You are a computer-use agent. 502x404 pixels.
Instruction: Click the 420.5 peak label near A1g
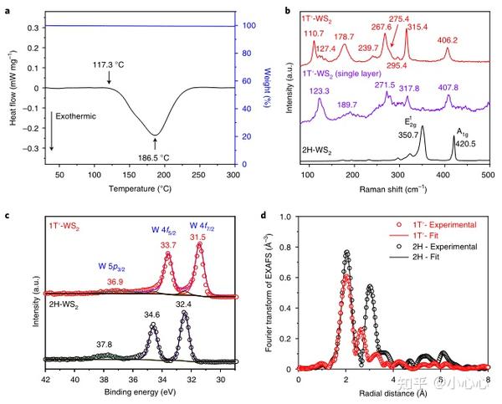tap(458, 143)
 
